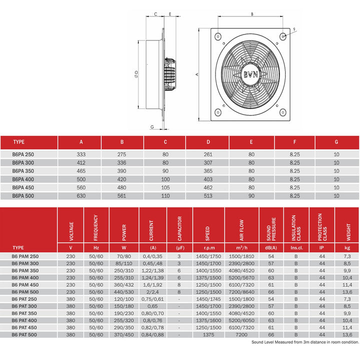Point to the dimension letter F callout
(294, 29)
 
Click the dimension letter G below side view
(151, 127)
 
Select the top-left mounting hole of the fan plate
(218, 36)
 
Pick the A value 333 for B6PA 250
(80, 155)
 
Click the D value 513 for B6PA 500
(208, 195)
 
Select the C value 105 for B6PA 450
(165, 187)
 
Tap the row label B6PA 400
(23, 179)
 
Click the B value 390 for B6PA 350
(122, 171)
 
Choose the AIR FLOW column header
(242, 229)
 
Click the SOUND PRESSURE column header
(271, 227)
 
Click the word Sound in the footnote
(259, 342)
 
